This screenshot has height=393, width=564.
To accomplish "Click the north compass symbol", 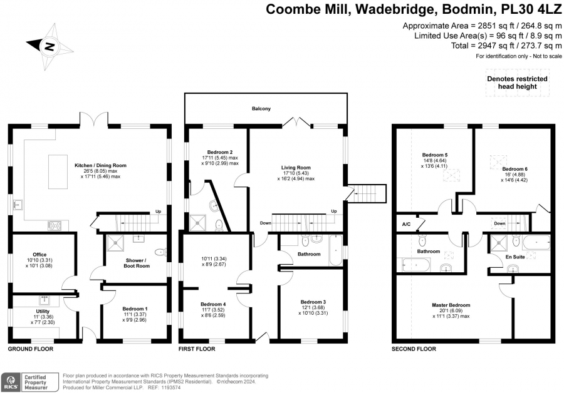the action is (50, 46).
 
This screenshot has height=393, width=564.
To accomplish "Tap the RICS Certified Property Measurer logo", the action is (29, 382).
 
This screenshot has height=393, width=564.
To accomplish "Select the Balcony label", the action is (261, 108).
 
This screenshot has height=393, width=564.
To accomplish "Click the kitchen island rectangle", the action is (58, 171).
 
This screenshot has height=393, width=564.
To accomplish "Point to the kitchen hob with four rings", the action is (55, 225).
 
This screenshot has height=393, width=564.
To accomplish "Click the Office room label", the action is (39, 254).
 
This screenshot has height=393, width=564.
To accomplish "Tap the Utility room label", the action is (43, 312).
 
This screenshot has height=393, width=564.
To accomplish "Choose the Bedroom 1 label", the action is (135, 309).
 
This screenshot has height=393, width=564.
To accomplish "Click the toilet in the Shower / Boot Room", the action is (161, 252).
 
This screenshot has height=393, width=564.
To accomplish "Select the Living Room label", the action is (296, 168).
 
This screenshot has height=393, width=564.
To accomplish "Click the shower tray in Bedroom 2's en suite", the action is (197, 223).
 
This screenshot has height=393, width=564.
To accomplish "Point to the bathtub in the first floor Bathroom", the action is (336, 250).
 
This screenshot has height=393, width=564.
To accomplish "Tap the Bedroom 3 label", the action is (313, 302).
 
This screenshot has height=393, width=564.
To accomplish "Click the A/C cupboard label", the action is (406, 225).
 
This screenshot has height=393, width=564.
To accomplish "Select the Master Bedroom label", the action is (451, 305).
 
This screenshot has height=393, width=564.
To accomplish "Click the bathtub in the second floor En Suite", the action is (536, 243).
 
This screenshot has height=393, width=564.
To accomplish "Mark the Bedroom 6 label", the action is (514, 169).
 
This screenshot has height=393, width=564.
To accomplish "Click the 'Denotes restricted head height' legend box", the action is (517, 83).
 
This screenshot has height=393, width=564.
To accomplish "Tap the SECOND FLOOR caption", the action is (414, 349).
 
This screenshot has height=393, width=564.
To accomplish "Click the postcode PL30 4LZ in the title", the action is (531, 9).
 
